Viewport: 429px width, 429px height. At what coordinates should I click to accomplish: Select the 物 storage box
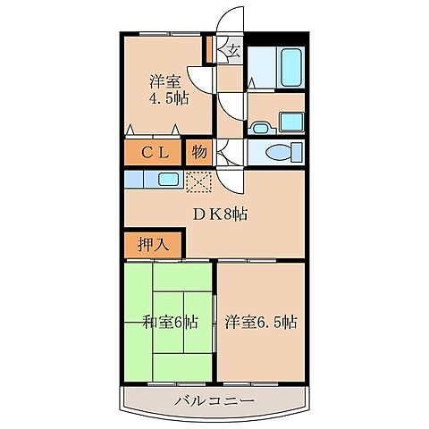pos(200,152)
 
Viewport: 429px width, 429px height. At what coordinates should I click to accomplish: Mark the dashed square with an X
pos(198,181)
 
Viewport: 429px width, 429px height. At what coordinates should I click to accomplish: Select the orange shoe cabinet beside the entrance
pos(208,49)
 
